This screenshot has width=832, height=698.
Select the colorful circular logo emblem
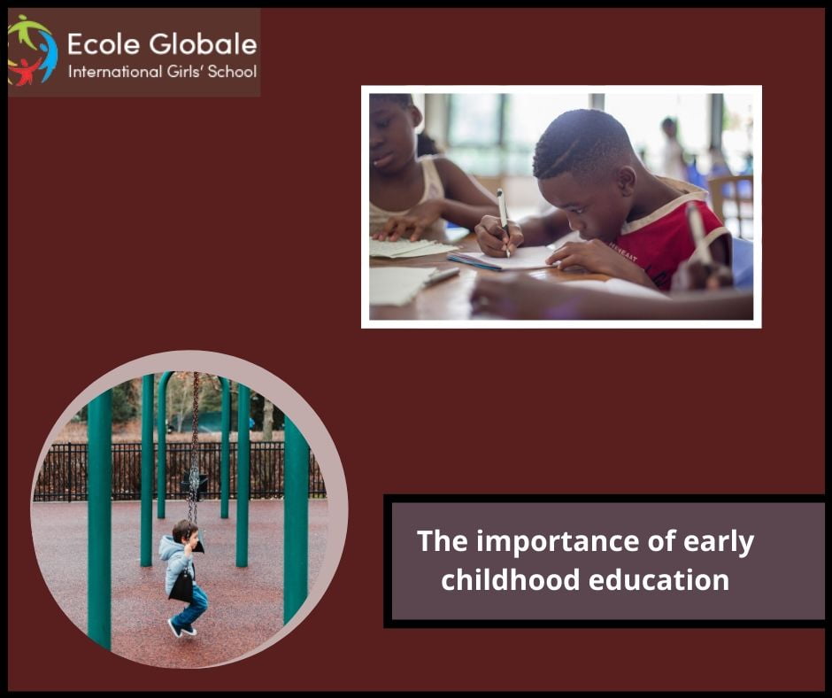32,50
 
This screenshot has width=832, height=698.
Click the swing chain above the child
195,443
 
